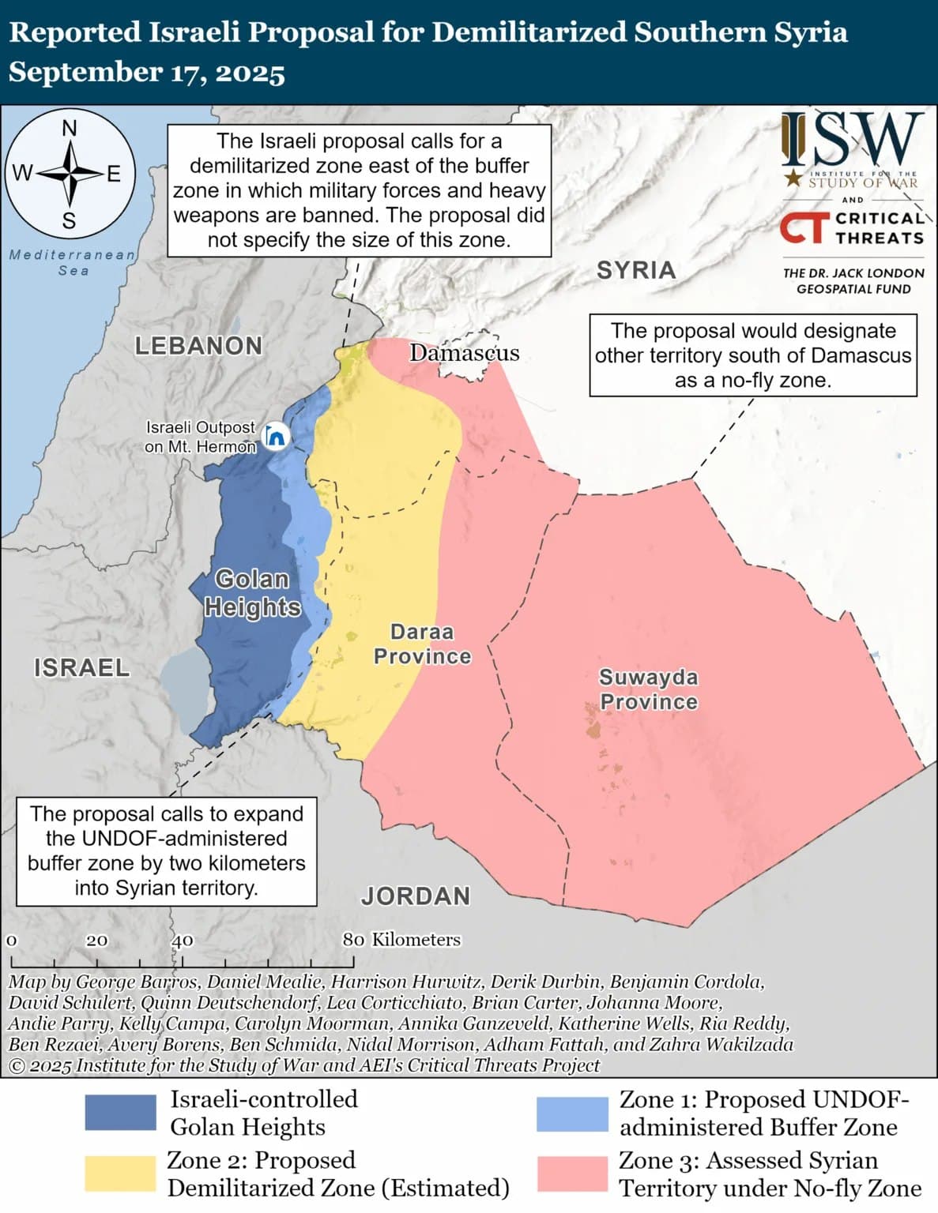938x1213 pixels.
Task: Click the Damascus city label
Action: [464, 352]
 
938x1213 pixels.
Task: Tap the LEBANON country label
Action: [198, 346]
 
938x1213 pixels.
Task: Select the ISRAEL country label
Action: [81, 667]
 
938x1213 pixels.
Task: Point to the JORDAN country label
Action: [416, 896]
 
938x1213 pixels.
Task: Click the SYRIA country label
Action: [636, 270]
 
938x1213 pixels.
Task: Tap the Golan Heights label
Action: [252, 593]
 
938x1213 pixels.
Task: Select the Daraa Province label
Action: [422, 644]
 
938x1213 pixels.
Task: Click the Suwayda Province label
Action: [649, 689]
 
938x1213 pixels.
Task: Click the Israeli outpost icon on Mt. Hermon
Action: [275, 436]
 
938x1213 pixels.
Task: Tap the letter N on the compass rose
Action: [70, 128]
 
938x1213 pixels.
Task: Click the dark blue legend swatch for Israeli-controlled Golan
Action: [120, 1113]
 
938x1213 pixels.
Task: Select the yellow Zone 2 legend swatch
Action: [120, 1174]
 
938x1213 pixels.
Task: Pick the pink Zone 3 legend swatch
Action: [572, 1174]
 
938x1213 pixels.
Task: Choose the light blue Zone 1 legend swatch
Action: [572, 1113]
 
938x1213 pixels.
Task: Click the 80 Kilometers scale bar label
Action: [401, 940]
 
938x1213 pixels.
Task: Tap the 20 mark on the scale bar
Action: [96, 941]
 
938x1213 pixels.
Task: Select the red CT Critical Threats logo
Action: [804, 228]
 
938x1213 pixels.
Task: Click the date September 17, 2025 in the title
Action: [147, 73]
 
